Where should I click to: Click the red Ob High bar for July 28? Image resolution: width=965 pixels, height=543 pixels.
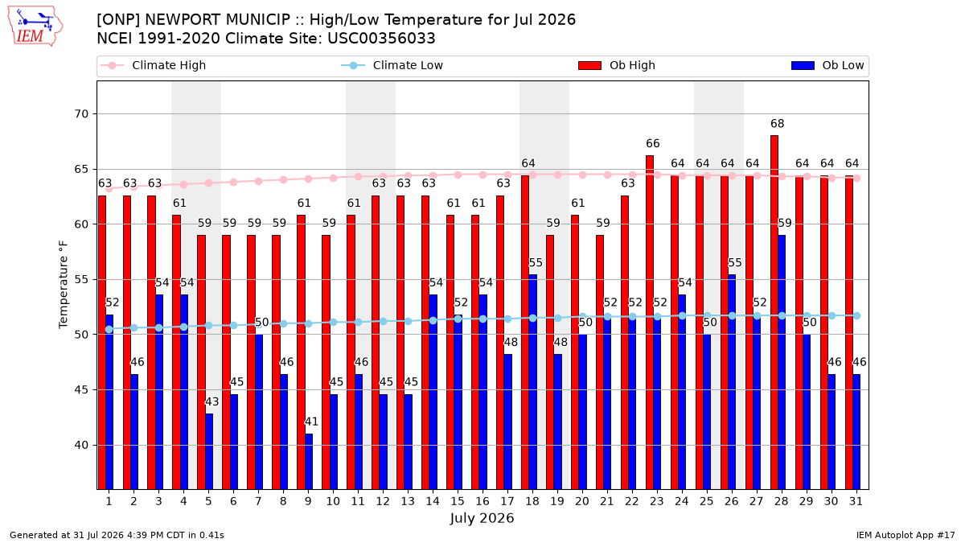774,312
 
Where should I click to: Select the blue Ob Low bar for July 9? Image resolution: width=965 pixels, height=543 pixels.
309,462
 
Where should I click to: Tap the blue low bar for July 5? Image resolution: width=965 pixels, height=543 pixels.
209,451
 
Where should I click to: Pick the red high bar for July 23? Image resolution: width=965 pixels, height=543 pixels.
650,323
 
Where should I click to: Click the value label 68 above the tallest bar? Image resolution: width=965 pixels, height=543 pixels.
777,124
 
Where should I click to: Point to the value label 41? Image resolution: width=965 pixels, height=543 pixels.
311,422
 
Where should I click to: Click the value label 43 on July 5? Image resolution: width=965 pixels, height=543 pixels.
211,401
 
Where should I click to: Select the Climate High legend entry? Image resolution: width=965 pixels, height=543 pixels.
154,65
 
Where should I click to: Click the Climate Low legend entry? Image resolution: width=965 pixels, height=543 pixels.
392,65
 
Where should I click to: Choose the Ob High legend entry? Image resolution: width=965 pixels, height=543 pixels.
617,65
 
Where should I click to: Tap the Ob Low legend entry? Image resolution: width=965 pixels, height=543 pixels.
828,65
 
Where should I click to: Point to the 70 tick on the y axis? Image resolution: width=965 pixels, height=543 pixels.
81,114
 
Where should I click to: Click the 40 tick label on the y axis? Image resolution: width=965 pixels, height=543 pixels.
81,445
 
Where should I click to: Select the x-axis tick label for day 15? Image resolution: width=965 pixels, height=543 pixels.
458,502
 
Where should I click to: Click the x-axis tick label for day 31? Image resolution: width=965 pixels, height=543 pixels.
856,502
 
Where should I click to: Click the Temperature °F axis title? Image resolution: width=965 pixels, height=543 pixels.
64,285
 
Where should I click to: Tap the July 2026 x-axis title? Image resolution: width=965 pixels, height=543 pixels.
482,518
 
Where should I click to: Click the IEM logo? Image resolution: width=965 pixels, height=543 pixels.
35,27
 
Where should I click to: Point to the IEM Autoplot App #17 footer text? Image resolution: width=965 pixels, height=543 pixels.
905,535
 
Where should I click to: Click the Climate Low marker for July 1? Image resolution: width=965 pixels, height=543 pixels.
109,329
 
